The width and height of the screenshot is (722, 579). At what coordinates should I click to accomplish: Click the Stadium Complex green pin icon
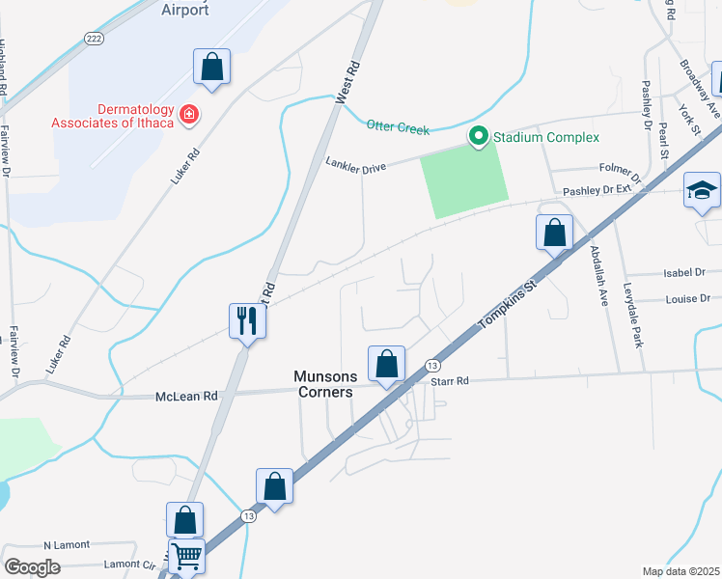click(477, 137)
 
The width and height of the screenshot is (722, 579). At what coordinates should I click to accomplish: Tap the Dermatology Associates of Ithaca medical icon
click(190, 115)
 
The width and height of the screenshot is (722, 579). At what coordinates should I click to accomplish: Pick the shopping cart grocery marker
click(186, 555)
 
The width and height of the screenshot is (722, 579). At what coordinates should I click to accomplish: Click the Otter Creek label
click(397, 124)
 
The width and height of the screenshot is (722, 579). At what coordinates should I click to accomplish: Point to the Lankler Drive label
click(356, 166)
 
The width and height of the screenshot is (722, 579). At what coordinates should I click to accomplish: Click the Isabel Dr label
click(686, 273)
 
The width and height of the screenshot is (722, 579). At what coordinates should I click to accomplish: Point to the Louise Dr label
click(687, 299)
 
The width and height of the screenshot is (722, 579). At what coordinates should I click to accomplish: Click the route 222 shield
click(94, 39)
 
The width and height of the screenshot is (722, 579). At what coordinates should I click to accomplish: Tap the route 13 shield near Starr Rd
click(432, 364)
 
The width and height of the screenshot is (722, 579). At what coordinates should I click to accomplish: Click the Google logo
click(32, 566)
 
